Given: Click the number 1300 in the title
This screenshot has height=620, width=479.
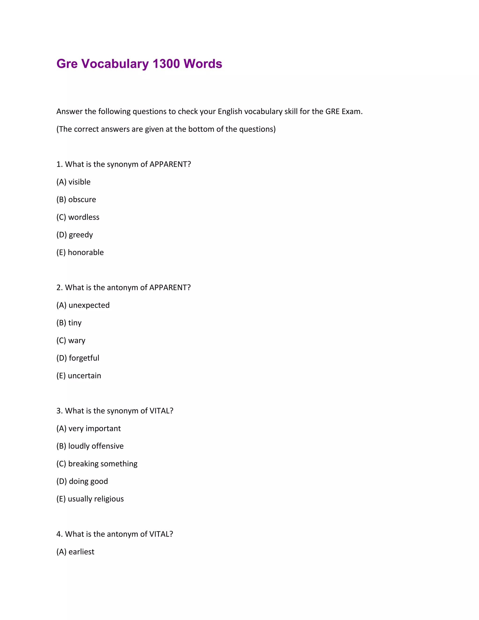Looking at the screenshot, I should [x=166, y=64].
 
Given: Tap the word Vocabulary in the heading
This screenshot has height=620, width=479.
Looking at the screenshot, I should [x=115, y=64].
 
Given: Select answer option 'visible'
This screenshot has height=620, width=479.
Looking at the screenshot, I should [x=79, y=182].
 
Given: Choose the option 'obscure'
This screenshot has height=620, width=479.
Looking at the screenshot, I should [x=82, y=200].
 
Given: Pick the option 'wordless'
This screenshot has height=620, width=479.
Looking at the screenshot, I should [x=84, y=217].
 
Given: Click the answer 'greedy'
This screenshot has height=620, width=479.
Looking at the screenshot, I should [x=81, y=235].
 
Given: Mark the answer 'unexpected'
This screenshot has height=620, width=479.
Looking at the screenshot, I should [x=89, y=305].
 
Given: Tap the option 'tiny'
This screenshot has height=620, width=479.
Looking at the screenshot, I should [x=75, y=323].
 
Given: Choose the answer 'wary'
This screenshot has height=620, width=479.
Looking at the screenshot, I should [x=77, y=340].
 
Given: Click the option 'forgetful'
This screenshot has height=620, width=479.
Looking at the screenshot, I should [x=84, y=358].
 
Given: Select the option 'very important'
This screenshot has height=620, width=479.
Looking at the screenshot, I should [x=94, y=428].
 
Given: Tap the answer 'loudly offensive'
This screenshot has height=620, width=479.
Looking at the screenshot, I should [x=96, y=446].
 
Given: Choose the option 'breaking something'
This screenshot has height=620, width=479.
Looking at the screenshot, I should [x=103, y=463].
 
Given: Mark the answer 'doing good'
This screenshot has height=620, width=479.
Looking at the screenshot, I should [x=88, y=481].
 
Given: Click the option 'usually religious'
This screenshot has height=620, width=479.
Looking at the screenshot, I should [x=96, y=499].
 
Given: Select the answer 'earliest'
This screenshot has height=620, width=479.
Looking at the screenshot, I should [x=81, y=552].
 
